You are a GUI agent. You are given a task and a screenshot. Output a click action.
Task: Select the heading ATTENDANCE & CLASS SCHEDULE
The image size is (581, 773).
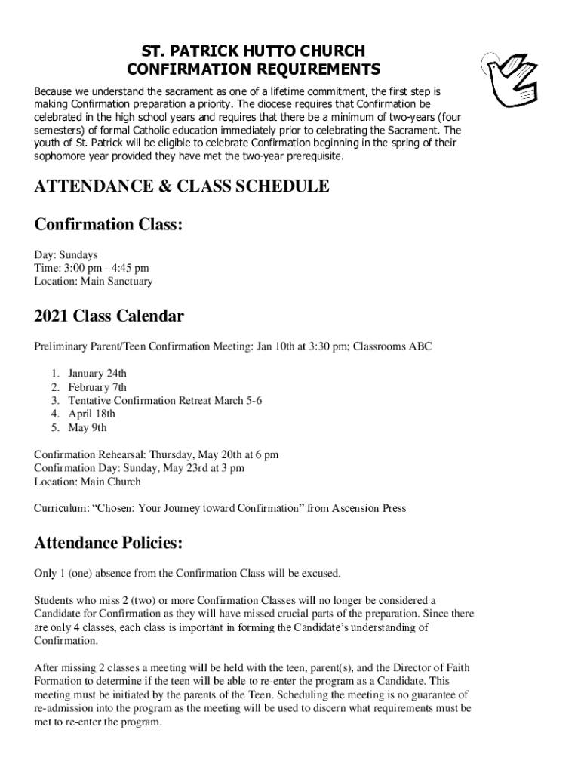[182, 186]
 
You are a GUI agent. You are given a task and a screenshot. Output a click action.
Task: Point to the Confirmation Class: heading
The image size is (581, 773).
[109, 225]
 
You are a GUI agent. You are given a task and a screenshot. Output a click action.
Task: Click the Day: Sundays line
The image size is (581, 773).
[66, 254]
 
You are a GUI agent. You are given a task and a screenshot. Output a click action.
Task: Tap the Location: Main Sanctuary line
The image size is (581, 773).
[93, 282]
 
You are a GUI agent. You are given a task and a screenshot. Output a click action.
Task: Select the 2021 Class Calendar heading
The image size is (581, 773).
[109, 316]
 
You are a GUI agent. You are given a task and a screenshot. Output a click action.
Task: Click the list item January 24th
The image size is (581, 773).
[97, 374]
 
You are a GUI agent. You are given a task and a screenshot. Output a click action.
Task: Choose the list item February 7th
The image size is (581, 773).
[97, 387]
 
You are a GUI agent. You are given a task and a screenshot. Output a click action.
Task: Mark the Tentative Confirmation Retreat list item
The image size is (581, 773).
[164, 401]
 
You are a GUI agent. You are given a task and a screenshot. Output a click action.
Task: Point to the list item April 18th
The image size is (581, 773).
[91, 414]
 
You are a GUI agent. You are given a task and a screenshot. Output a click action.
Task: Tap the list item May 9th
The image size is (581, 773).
[88, 428]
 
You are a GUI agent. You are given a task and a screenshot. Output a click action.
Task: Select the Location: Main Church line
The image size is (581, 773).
[88, 482]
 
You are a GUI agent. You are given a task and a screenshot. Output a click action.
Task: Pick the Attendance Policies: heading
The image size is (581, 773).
[108, 543]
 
